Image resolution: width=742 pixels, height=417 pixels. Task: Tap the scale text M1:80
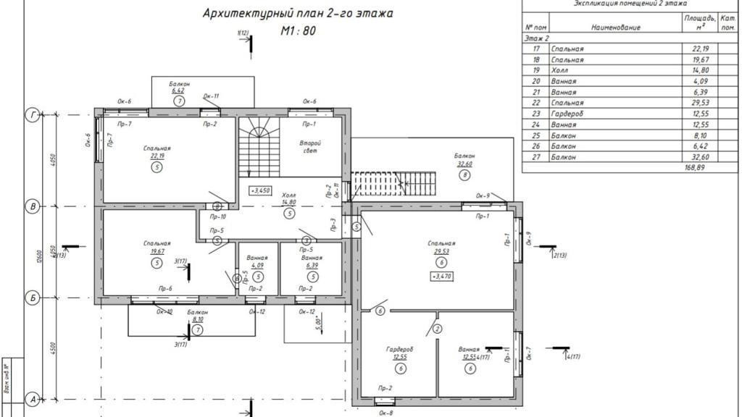(298, 32)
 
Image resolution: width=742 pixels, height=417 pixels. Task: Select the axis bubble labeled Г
(33, 114)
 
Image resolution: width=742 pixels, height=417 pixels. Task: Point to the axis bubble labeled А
(33, 399)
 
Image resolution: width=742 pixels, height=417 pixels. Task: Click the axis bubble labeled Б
(33, 298)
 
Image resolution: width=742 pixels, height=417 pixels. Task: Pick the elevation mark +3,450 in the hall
(261, 191)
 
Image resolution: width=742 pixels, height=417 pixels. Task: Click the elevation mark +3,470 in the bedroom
(441, 276)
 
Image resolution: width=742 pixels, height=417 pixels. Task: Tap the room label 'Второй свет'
(311, 148)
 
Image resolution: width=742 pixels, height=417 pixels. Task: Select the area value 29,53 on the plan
(441, 251)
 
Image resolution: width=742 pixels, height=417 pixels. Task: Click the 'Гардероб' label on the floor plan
(400, 349)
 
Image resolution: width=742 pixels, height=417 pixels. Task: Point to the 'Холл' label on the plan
(288, 196)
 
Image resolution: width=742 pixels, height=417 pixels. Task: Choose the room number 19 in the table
(537, 70)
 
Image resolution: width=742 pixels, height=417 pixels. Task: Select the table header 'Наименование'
(616, 28)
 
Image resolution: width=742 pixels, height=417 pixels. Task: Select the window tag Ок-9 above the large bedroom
(483, 196)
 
